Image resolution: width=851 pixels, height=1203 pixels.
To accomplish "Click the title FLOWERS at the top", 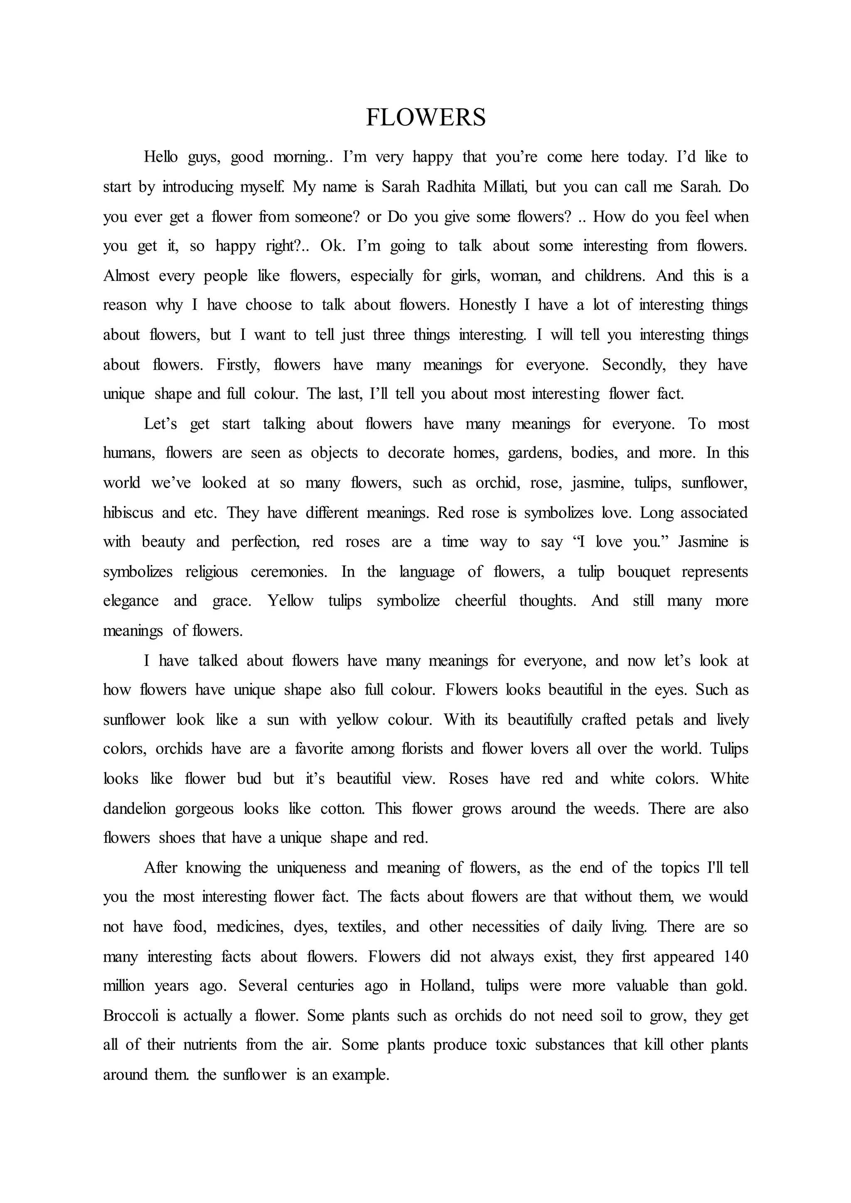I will tap(425, 118).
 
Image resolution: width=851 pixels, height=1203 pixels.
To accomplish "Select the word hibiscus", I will tap(128, 513).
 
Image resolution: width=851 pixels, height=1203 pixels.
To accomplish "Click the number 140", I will tap(735, 957).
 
